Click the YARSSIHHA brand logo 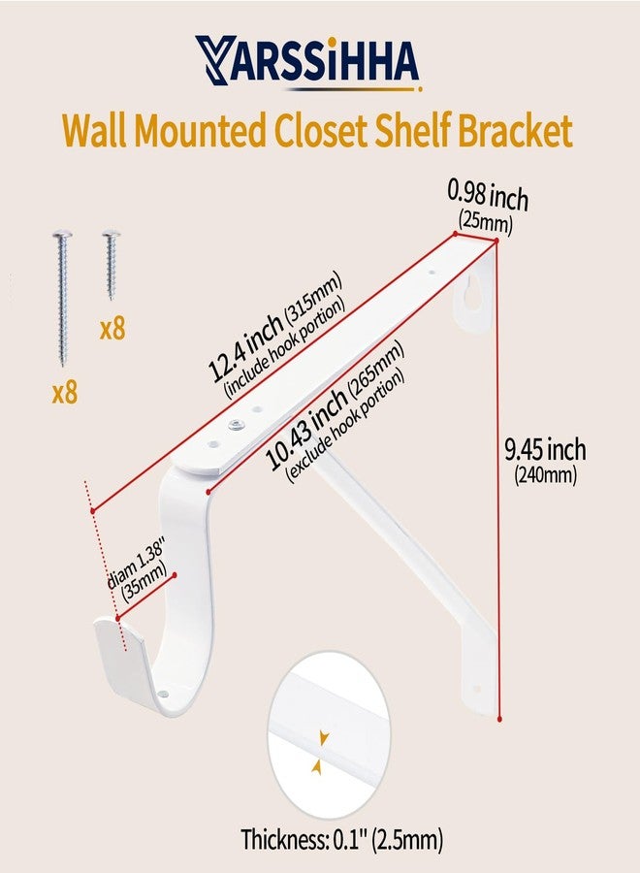(307, 63)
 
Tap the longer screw (62, 298)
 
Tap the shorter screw (112, 265)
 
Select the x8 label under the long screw (65, 393)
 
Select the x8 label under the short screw (112, 329)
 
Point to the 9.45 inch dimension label (545, 450)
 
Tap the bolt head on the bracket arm (236, 426)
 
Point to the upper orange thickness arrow (323, 738)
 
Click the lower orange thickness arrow (317, 768)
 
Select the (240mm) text (545, 475)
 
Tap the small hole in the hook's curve (163, 695)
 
